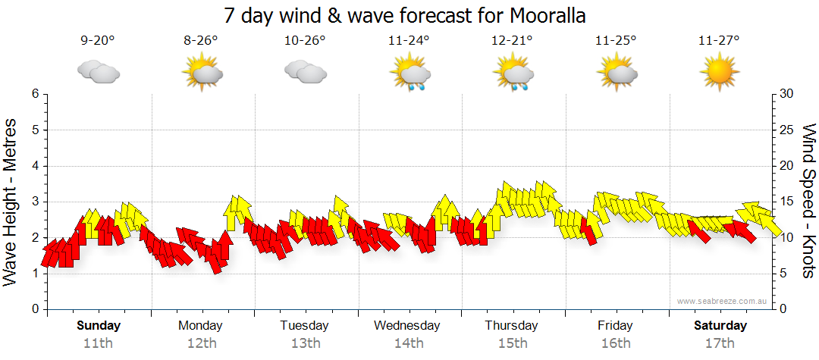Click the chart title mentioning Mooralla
405,15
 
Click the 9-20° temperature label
98,41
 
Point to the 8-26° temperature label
201,41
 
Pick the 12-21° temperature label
513,41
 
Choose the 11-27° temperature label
719,41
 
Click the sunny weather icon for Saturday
719,74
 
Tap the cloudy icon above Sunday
98,74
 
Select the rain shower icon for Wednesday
409,74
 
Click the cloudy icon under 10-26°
305,74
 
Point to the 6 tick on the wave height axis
34,94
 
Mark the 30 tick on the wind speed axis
787,94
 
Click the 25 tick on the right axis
787,130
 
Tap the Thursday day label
511,326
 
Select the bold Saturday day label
720,326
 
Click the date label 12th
200,343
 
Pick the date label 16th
614,343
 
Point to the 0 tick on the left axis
34,309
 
